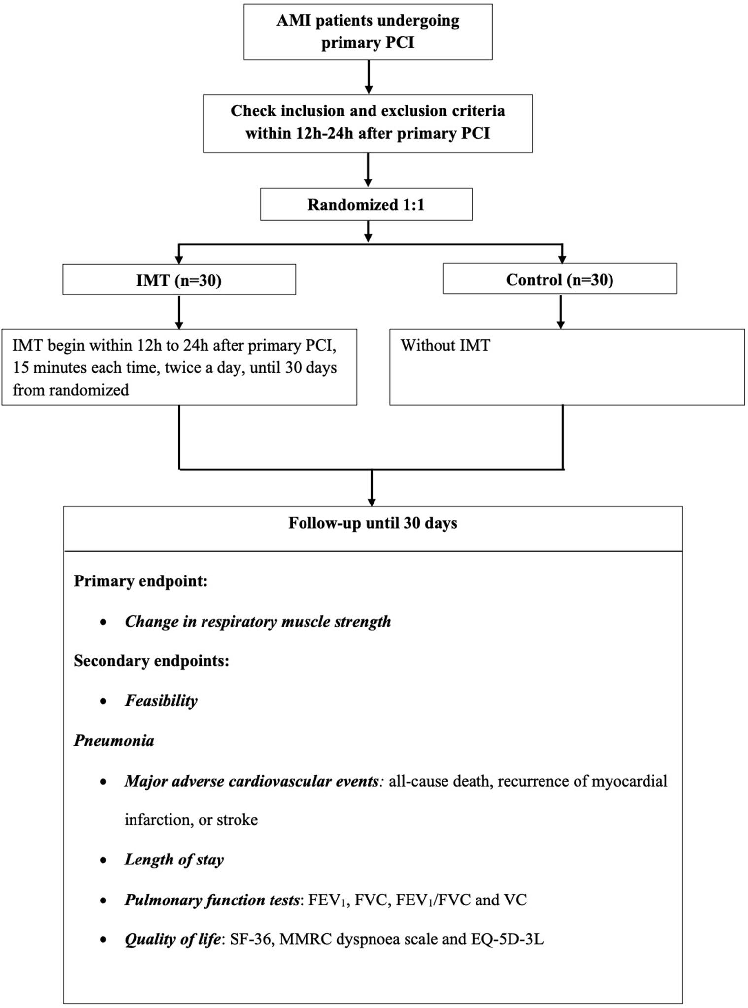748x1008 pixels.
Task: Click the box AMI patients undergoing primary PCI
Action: point(368,32)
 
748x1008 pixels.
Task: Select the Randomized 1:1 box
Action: point(366,204)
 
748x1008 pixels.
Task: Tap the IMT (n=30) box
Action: point(179,280)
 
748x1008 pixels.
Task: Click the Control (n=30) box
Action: point(559,279)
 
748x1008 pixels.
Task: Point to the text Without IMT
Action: point(445,345)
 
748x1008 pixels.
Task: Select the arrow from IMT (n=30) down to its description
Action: point(179,312)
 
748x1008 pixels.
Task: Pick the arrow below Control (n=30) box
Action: point(560,311)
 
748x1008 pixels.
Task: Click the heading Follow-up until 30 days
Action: point(373,523)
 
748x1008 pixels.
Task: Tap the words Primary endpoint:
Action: point(140,581)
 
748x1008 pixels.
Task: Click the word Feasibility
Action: point(161,700)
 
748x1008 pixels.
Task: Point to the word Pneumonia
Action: point(114,740)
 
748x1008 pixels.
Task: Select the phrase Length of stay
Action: point(174,860)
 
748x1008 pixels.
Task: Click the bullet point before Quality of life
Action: point(103,940)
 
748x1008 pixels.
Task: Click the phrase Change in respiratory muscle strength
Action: point(258,621)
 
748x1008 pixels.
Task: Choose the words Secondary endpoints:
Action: point(151,661)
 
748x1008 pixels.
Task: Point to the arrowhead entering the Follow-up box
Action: point(372,502)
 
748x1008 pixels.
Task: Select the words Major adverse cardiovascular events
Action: point(251,781)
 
